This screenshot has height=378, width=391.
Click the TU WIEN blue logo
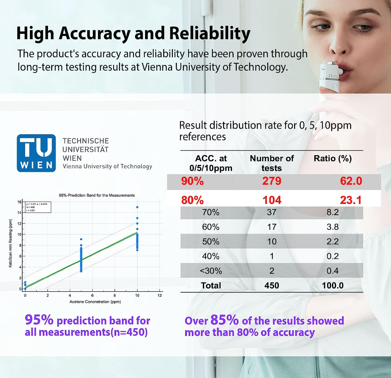tap(36, 153)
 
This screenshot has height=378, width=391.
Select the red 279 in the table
tap(272, 181)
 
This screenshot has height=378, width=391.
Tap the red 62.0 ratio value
tap(351, 181)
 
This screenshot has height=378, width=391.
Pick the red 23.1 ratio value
tap(351, 200)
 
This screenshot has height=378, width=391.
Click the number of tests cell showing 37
tap(272, 212)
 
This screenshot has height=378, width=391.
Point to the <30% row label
tap(211, 271)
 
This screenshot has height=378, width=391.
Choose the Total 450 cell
tap(272, 285)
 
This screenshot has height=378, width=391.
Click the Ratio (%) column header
tap(333, 158)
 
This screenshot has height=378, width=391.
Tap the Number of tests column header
tap(272, 163)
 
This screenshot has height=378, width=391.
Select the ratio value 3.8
tap(333, 227)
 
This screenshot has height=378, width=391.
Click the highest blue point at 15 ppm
tap(137, 207)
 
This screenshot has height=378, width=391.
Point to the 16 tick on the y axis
tap(19, 202)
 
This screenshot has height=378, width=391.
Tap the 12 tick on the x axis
tap(160, 295)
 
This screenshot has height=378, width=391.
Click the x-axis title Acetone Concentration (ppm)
tap(95, 302)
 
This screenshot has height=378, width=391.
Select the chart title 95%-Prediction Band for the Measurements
tap(97, 195)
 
